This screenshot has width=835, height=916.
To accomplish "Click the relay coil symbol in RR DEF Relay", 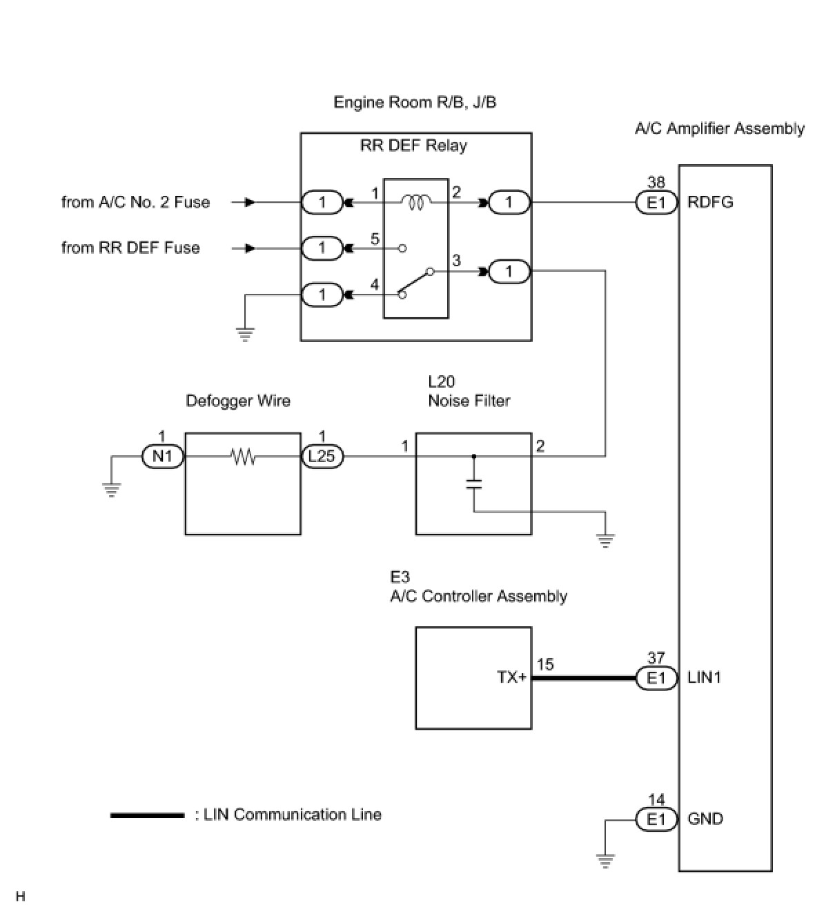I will pyautogui.click(x=416, y=202).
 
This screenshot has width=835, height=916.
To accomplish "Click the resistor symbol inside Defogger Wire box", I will pyautogui.click(x=243, y=456).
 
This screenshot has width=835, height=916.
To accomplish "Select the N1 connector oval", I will pyautogui.click(x=162, y=456).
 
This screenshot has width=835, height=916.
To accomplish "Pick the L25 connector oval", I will pyautogui.click(x=322, y=456).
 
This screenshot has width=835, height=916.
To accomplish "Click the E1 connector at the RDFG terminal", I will pyautogui.click(x=656, y=203).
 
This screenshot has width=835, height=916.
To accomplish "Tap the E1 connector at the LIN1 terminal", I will pyautogui.click(x=656, y=678).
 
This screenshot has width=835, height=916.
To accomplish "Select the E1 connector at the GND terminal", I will pyautogui.click(x=656, y=819).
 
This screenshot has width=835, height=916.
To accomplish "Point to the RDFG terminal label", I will pyautogui.click(x=710, y=203).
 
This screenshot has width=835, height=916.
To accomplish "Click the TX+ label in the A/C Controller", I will pyautogui.click(x=511, y=677).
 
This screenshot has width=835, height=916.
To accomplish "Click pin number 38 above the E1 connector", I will pyautogui.click(x=656, y=183).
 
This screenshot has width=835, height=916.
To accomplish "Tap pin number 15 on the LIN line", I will pyautogui.click(x=545, y=665).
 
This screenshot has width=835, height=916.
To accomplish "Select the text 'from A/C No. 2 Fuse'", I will pyautogui.click(x=135, y=203).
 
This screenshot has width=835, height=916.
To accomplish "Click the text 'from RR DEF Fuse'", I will pyautogui.click(x=130, y=248).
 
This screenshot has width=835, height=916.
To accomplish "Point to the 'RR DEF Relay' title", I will pyautogui.click(x=413, y=146).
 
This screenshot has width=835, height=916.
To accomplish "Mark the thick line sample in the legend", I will pyautogui.click(x=147, y=815).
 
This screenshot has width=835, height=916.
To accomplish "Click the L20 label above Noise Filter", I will pyautogui.click(x=442, y=381).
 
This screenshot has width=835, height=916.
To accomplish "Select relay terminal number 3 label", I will pyautogui.click(x=456, y=261).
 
